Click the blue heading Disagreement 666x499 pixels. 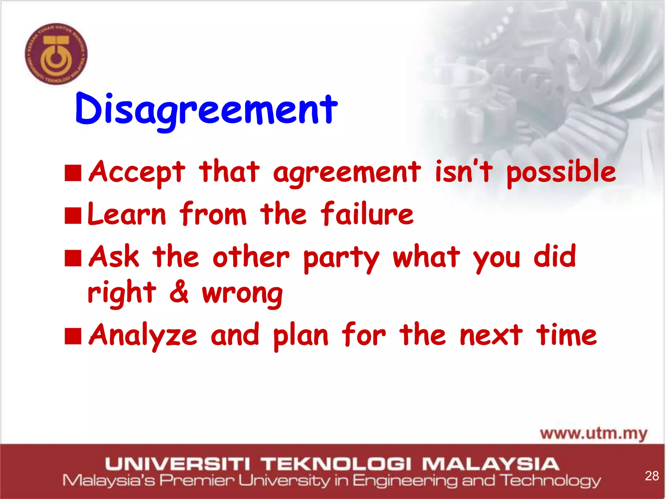point(206,110)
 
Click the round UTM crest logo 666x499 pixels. point(56,54)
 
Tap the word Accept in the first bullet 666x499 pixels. point(137,172)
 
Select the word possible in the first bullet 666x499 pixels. point(561,172)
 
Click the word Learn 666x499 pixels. point(127,214)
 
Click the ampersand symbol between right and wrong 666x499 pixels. point(179,291)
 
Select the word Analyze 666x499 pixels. point(143,336)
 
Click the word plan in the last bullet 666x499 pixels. point(301,336)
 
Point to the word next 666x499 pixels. point(491,335)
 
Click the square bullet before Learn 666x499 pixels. point(73,216)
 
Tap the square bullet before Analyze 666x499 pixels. point(73,336)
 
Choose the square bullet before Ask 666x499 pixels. point(73,258)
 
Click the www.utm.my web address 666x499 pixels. point(593,434)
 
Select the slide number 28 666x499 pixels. point(652,476)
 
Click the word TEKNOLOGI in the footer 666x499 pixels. point(337,464)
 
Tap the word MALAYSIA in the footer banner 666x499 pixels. point(490,464)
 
